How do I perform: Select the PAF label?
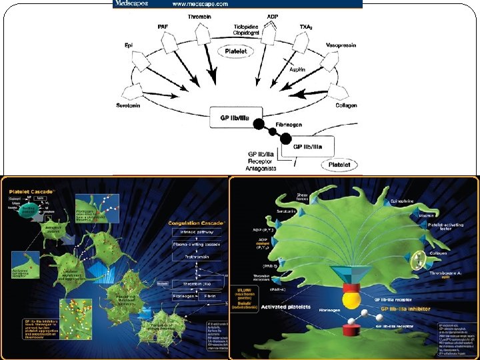point(163,26)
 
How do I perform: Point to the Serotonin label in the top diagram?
point(127,106)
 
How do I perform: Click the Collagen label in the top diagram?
point(346,105)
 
